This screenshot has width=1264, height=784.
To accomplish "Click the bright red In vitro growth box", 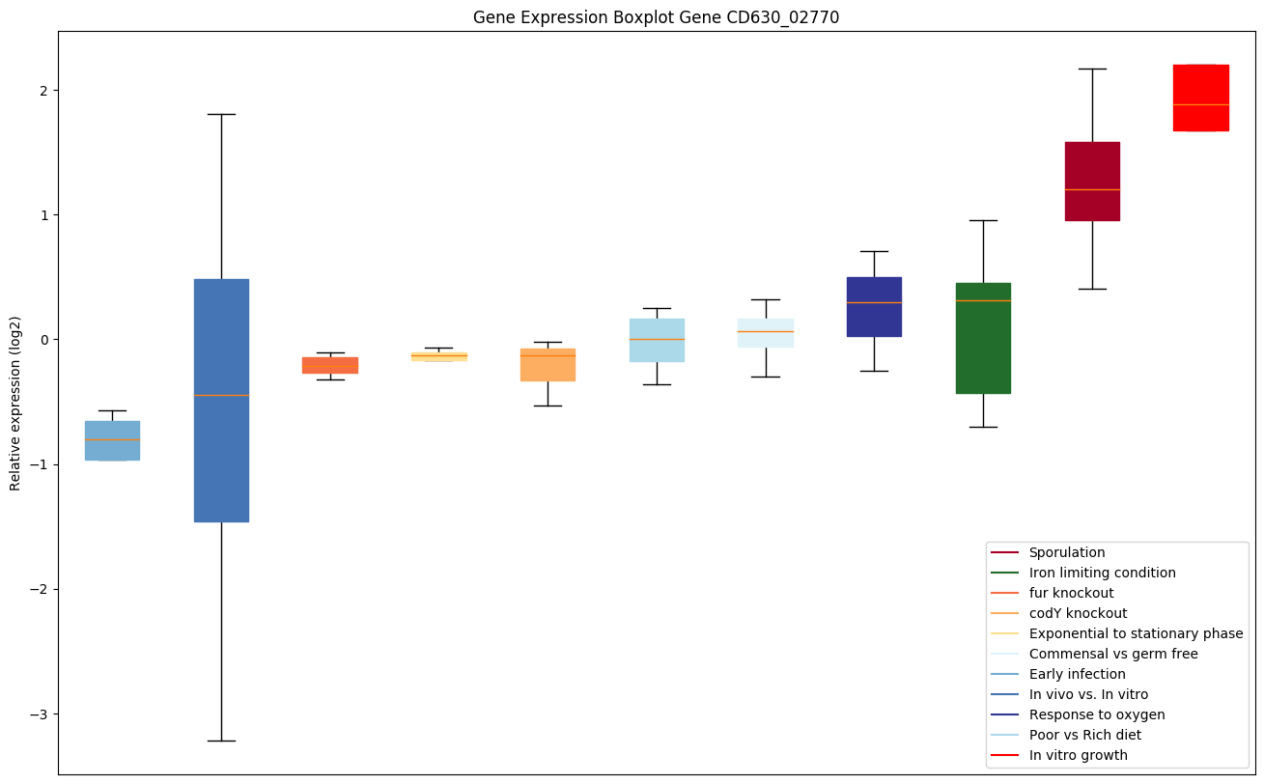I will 1200,98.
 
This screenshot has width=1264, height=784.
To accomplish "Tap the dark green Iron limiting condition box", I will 983,338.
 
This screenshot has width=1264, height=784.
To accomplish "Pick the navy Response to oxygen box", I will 874,307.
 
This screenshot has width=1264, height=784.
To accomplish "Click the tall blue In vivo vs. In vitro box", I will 221,400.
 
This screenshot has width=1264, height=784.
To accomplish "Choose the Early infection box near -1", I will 112,440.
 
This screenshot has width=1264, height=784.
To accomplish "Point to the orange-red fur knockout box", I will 330,365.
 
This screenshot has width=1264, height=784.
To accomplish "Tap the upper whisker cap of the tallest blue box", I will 221,114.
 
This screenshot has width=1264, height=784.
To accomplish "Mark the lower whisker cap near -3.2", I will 221,741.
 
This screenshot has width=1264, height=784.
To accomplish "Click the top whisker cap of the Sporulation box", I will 1092,70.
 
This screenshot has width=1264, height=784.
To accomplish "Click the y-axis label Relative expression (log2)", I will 15,403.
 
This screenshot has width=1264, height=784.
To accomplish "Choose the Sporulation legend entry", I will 1066,552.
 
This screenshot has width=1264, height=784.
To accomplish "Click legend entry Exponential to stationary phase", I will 1136,633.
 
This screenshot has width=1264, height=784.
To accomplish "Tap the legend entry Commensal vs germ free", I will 1112,654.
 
